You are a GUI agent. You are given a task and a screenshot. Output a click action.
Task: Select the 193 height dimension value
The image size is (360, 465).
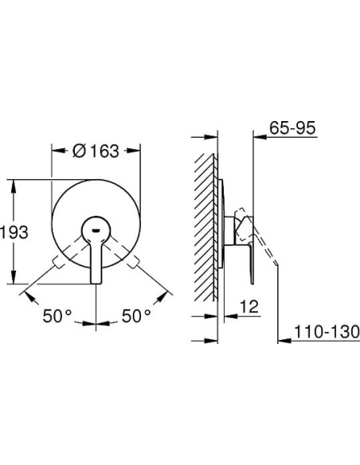click(15, 232)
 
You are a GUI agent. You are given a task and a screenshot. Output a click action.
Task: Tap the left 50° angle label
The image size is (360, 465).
click(57, 316)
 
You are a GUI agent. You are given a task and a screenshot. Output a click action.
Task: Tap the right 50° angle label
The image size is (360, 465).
click(136, 316)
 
